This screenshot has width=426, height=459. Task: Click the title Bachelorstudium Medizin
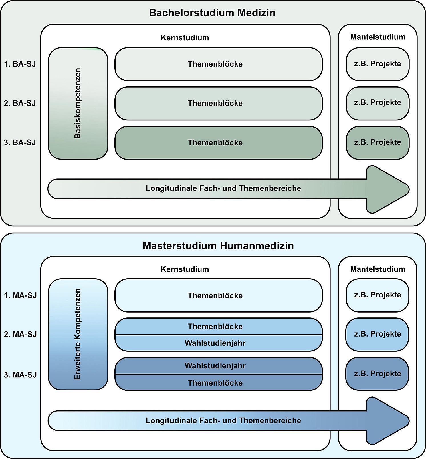click(x=212, y=13)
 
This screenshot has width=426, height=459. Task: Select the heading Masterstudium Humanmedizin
click(x=218, y=246)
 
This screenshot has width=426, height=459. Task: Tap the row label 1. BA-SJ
click(x=20, y=64)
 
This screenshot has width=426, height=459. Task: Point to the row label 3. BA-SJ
click(x=20, y=142)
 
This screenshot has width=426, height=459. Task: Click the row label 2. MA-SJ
click(x=20, y=334)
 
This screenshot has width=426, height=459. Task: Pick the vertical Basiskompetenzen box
click(x=78, y=103)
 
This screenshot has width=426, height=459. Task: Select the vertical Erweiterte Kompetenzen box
click(x=78, y=334)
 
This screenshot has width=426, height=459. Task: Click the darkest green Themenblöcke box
click(x=218, y=143)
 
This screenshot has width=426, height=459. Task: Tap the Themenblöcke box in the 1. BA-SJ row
click(x=218, y=64)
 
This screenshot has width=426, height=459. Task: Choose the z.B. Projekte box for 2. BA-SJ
click(x=377, y=103)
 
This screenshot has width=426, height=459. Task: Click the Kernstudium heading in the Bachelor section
click(x=185, y=38)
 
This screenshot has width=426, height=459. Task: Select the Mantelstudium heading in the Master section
click(x=377, y=269)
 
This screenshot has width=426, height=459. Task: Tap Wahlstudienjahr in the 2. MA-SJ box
click(x=215, y=343)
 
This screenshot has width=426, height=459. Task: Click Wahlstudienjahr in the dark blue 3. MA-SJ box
click(x=215, y=366)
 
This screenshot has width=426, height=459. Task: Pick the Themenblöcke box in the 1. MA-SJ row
click(x=218, y=295)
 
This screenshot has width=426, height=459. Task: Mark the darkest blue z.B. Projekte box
click(x=377, y=373)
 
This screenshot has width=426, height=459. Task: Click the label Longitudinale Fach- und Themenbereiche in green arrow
click(x=223, y=188)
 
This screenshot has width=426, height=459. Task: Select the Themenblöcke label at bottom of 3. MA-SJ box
click(x=215, y=383)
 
